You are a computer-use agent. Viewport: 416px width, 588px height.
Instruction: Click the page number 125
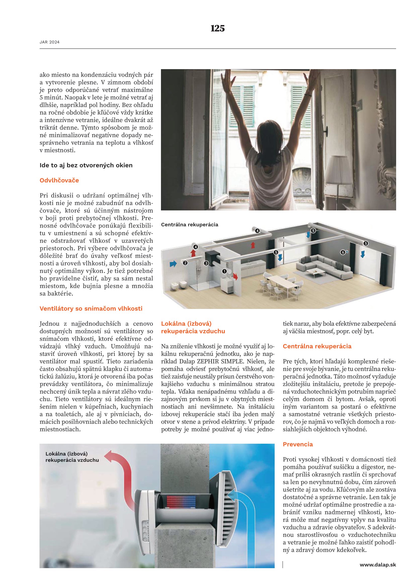click(x=218, y=28)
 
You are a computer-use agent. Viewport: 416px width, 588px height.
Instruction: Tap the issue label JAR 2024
click(x=50, y=42)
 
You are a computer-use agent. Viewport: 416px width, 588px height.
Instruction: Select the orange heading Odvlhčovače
click(x=59, y=180)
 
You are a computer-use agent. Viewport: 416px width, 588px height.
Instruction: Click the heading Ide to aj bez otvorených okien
click(x=86, y=165)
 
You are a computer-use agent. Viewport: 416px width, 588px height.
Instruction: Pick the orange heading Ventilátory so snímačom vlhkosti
click(x=91, y=309)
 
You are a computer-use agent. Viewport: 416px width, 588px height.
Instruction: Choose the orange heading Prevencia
click(x=298, y=444)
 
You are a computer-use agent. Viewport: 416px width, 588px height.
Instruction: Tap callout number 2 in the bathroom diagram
click(x=185, y=263)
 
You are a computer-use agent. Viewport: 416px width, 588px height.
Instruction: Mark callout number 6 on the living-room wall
click(x=343, y=252)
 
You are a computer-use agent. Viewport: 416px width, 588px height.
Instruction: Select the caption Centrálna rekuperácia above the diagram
click(x=190, y=224)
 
